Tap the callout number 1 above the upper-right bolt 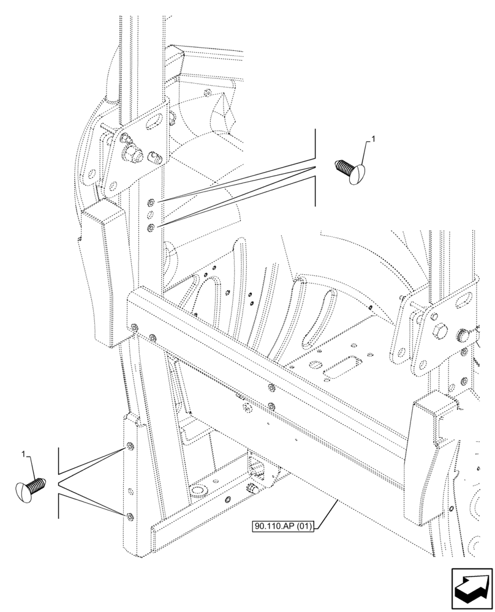point(373,140)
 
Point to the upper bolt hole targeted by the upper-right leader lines point(151,203)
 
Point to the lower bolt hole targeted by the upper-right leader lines point(151,228)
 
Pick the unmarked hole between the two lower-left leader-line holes point(129,490)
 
